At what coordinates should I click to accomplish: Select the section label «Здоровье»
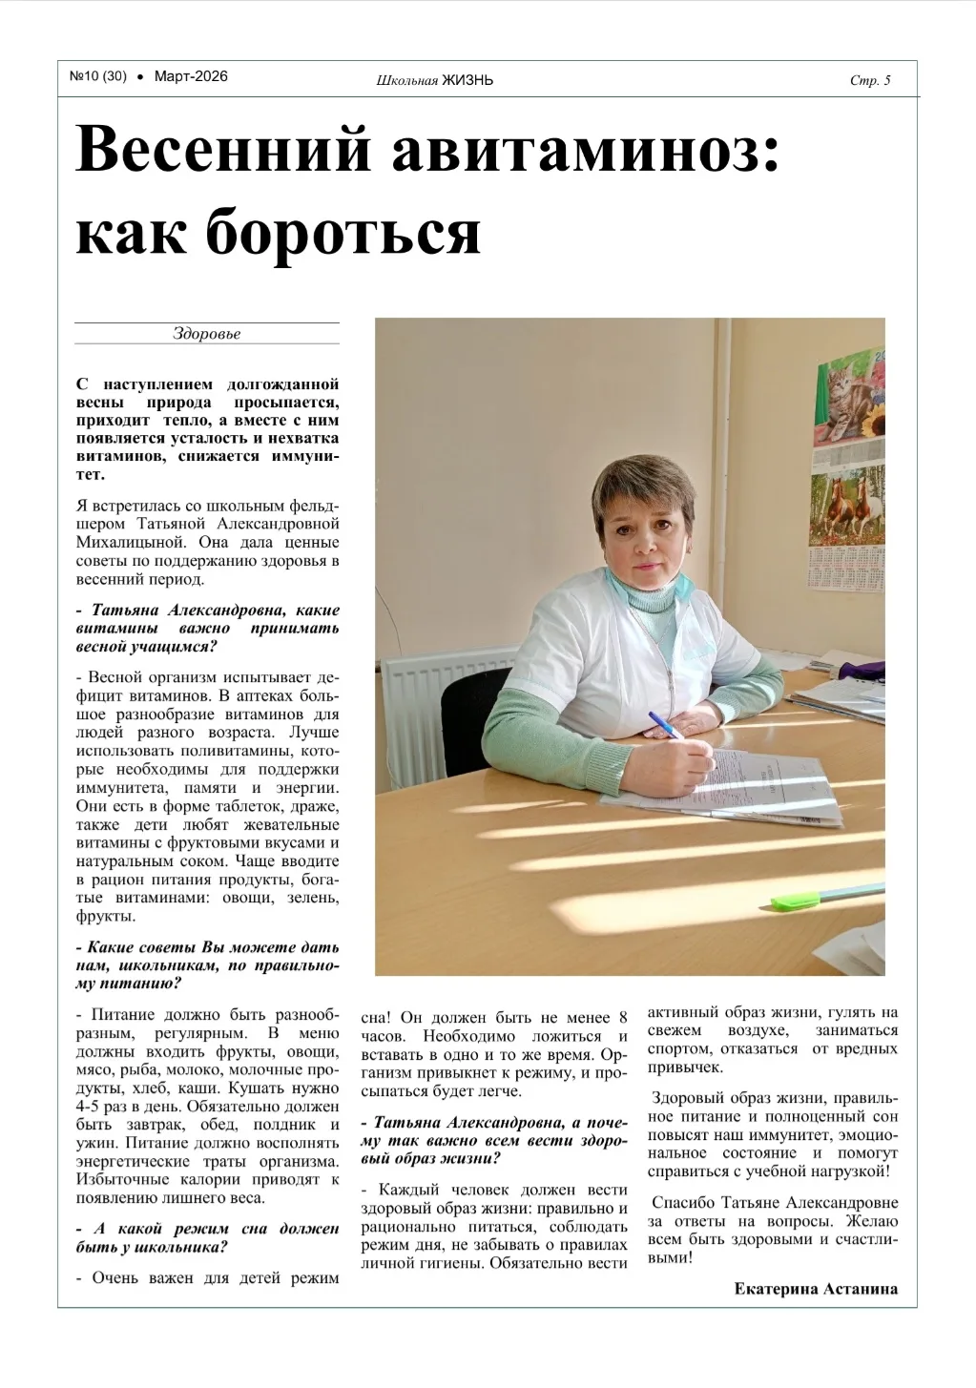pyautogui.click(x=206, y=334)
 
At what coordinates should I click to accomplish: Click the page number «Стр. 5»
pyautogui.click(x=869, y=80)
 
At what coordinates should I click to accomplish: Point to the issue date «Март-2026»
pyautogui.click(x=191, y=76)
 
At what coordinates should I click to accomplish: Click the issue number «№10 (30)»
pyautogui.click(x=97, y=76)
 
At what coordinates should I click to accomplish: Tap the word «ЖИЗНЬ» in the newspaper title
pyautogui.click(x=467, y=80)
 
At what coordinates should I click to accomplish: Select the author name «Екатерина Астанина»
pyautogui.click(x=816, y=1289)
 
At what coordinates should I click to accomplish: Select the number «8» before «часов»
pyautogui.click(x=623, y=1017)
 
